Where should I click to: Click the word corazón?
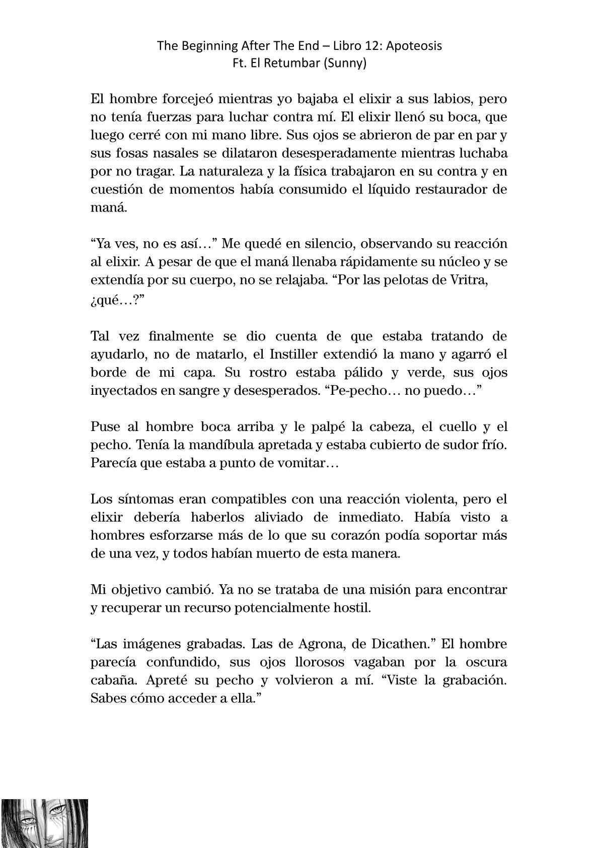tap(364, 535)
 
